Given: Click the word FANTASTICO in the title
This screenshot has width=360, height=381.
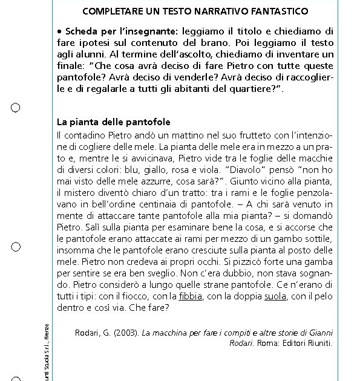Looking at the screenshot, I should coord(278,11).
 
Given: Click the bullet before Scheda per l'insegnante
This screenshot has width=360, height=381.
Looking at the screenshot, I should coord(59,31).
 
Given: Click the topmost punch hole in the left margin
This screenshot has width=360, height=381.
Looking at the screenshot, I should coord(16,108).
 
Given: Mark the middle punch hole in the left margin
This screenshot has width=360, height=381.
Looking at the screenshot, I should coord(16,247).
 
